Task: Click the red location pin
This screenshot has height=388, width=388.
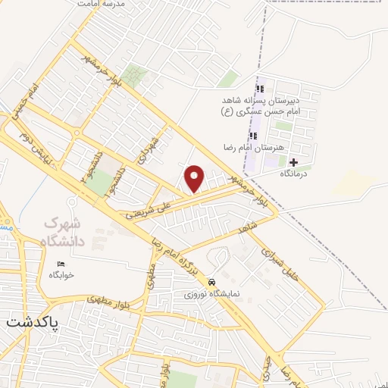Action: coord(196,178)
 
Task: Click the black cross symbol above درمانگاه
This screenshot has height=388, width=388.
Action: coord(293,162)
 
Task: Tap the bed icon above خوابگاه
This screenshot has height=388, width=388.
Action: coord(61,264)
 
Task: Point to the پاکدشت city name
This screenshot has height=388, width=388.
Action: coord(33,321)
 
